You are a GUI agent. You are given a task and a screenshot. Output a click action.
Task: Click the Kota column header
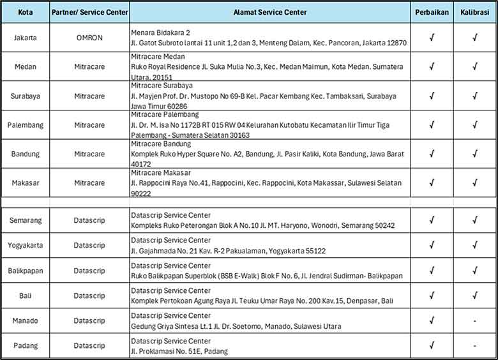(25, 12)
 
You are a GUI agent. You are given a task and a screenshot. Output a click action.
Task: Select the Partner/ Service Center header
(89, 12)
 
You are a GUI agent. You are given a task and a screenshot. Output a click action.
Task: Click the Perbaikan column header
(432, 12)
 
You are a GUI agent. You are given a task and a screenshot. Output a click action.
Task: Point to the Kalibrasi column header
(474, 12)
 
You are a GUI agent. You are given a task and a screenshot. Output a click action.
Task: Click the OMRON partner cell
(89, 38)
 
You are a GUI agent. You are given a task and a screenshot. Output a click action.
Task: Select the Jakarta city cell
(25, 38)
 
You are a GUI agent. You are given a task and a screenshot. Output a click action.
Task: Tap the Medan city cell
(25, 67)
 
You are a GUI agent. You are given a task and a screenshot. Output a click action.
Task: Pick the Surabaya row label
(25, 96)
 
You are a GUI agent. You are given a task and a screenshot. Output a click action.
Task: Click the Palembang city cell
(25, 125)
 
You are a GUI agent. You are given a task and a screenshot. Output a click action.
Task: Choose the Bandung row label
(25, 154)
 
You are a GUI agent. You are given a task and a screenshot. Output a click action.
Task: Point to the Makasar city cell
(25, 183)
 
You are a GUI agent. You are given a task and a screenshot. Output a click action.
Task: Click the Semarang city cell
(25, 221)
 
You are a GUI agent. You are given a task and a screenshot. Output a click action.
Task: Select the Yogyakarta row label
(25, 245)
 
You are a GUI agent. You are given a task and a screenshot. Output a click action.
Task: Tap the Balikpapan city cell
(25, 271)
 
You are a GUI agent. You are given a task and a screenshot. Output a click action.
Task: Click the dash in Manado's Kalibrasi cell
(474, 320)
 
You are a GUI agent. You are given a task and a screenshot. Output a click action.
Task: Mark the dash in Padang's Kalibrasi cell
(474, 345)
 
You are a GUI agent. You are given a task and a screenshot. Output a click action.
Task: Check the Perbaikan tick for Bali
(432, 296)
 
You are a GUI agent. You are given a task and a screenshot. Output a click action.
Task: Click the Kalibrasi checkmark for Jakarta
(474, 38)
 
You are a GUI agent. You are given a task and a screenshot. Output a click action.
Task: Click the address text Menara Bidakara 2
(160, 33)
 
